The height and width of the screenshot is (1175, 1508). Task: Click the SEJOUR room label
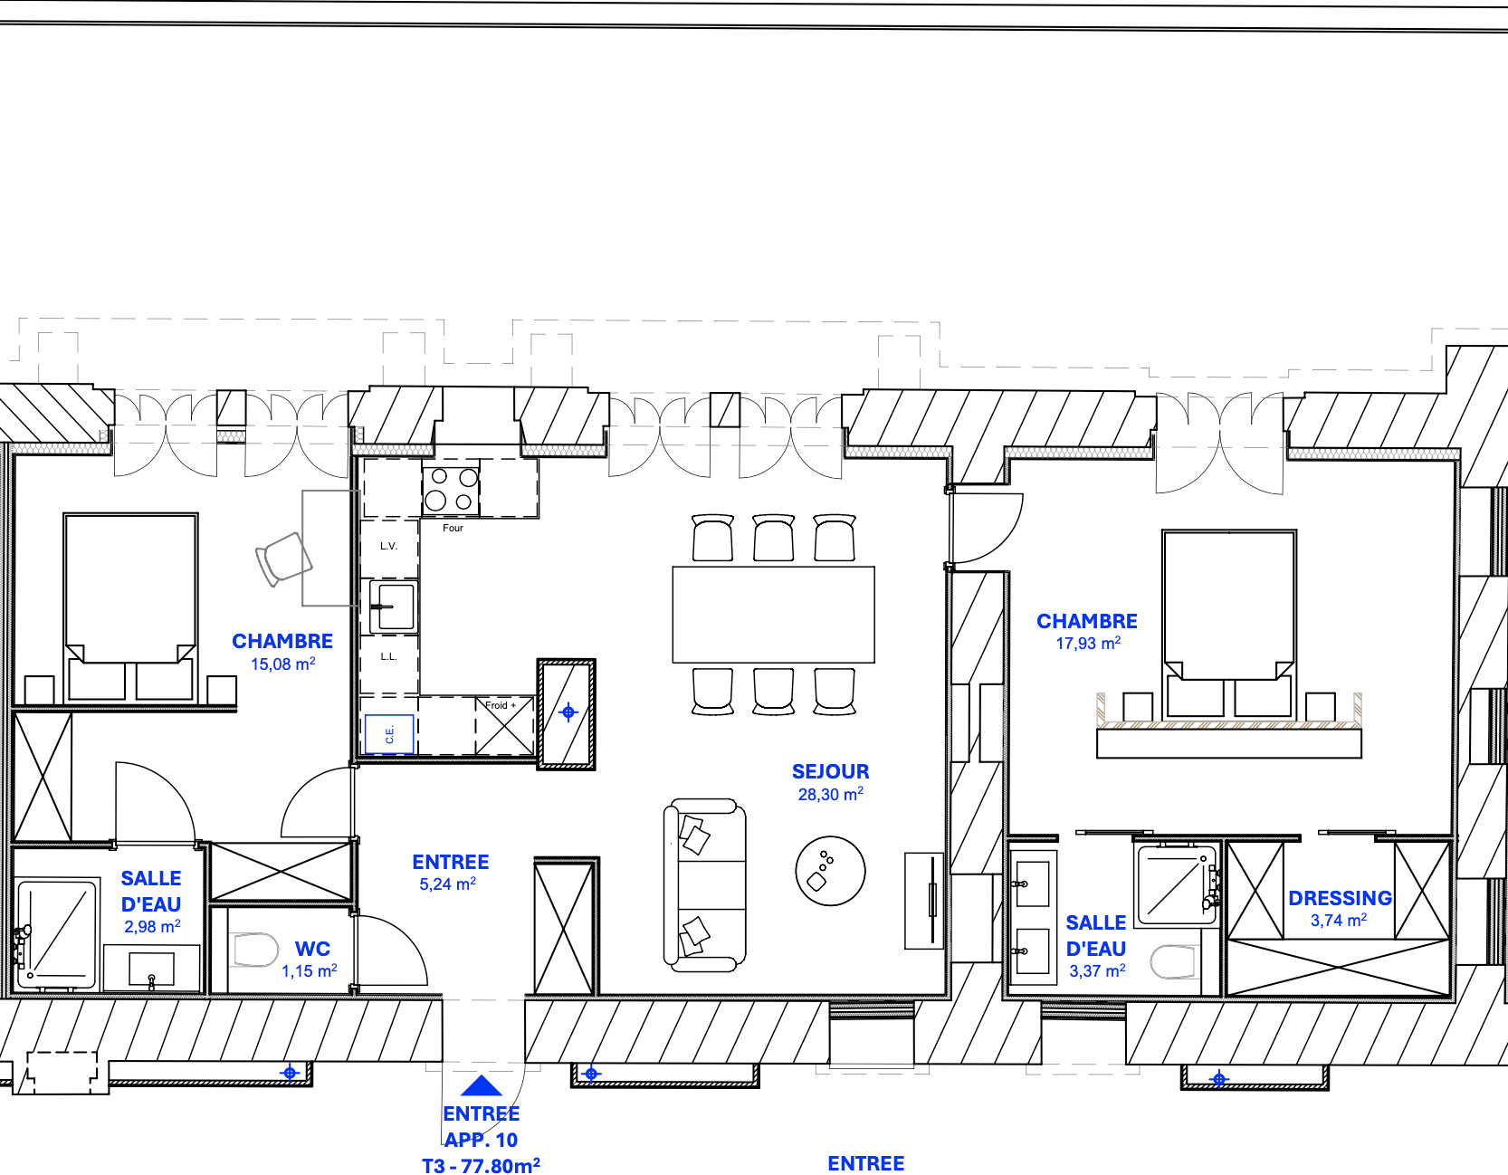830,771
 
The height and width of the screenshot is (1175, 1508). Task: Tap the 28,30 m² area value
830,794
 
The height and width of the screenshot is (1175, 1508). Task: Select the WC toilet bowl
256,951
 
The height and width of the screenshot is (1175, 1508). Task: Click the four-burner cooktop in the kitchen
451,489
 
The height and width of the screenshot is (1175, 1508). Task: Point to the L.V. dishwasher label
388,546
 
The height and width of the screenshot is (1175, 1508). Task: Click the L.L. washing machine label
388,656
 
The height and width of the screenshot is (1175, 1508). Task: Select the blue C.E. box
389,734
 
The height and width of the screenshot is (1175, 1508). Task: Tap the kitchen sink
392,606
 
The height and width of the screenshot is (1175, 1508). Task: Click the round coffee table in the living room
830,871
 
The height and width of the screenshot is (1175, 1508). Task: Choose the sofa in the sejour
705,885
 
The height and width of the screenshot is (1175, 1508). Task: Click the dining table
773,615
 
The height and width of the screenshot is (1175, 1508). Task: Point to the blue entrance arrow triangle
482,1085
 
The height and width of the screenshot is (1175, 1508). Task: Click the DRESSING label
1340,898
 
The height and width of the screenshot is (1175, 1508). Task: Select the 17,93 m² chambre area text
1088,644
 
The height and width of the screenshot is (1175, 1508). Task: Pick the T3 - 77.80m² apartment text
482,1165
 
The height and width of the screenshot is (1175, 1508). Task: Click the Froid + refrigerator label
501,705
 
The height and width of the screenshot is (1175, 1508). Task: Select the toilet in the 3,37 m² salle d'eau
1174,962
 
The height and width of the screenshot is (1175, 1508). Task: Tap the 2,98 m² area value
152,926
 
